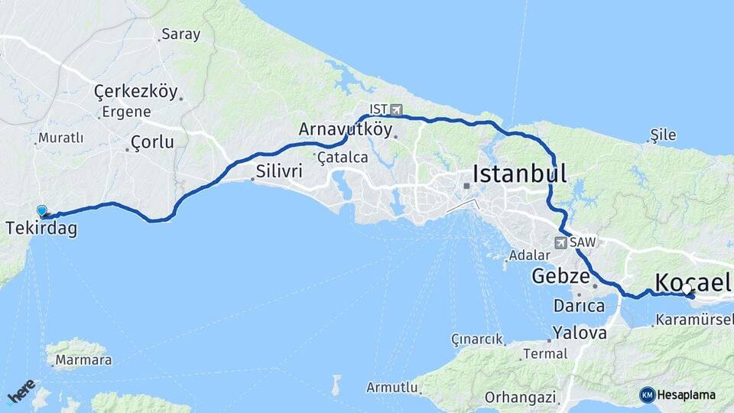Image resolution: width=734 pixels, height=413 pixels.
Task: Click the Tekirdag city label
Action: tap(41, 229)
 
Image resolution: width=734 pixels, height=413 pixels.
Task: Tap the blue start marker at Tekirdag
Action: tap(41, 210)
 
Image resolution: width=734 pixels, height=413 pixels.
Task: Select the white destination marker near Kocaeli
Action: tap(687, 289)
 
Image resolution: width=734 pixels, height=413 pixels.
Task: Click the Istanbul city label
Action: tap(520, 174)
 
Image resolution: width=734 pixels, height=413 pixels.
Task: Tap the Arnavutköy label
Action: tap(346, 129)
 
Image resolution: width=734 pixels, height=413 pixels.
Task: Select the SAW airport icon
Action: tap(561, 242)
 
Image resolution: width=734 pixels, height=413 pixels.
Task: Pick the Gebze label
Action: tap(560, 275)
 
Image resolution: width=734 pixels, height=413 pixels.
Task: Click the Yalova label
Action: tap(580, 333)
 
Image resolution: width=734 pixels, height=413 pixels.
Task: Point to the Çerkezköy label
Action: tap(135, 92)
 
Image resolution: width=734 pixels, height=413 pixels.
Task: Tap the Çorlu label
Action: tap(152, 141)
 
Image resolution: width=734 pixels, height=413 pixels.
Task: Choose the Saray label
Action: tap(180, 34)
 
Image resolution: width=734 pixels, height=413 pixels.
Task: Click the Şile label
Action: tap(663, 135)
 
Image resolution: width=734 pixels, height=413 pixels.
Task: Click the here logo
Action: tap(21, 390)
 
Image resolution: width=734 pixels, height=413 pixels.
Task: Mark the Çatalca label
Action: tap(342, 158)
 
